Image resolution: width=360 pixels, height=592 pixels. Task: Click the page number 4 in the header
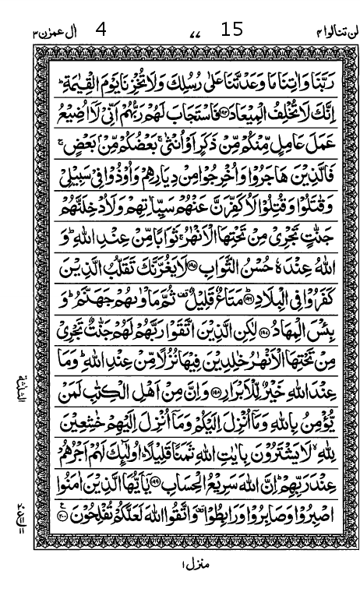[x=101, y=30]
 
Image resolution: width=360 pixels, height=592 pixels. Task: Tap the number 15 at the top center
[x=232, y=30]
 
